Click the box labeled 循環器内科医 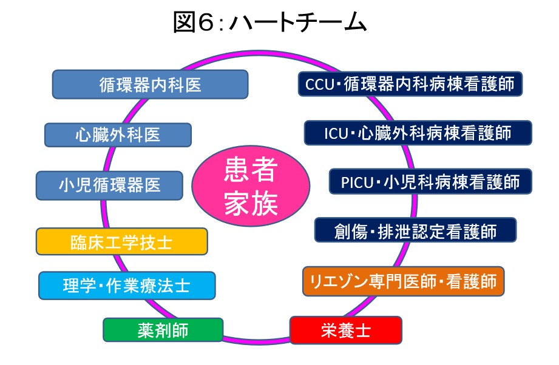(x=150, y=84)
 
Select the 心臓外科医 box (x=118, y=135)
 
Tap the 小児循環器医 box (x=109, y=185)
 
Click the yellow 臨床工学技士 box (x=121, y=241)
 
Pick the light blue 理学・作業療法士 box (x=127, y=285)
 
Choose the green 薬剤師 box (x=163, y=330)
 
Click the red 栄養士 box (x=346, y=330)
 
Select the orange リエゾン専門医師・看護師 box (x=403, y=281)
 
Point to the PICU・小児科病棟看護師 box (x=430, y=182)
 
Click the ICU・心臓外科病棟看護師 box (x=418, y=133)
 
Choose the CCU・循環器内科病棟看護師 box (x=410, y=84)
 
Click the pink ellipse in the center (x=251, y=186)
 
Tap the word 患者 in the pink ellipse (x=251, y=170)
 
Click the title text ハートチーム (x=297, y=22)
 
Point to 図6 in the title (x=193, y=22)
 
